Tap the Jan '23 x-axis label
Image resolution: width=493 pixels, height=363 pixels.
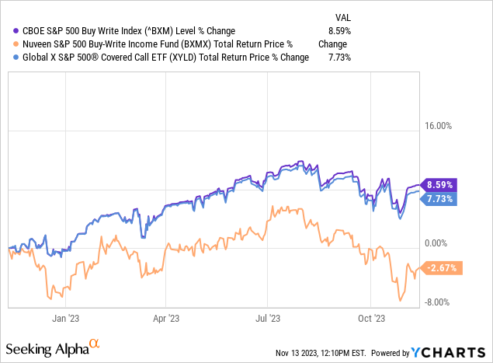coord(63,318)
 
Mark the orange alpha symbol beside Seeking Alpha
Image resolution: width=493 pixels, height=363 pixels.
coord(95,342)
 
